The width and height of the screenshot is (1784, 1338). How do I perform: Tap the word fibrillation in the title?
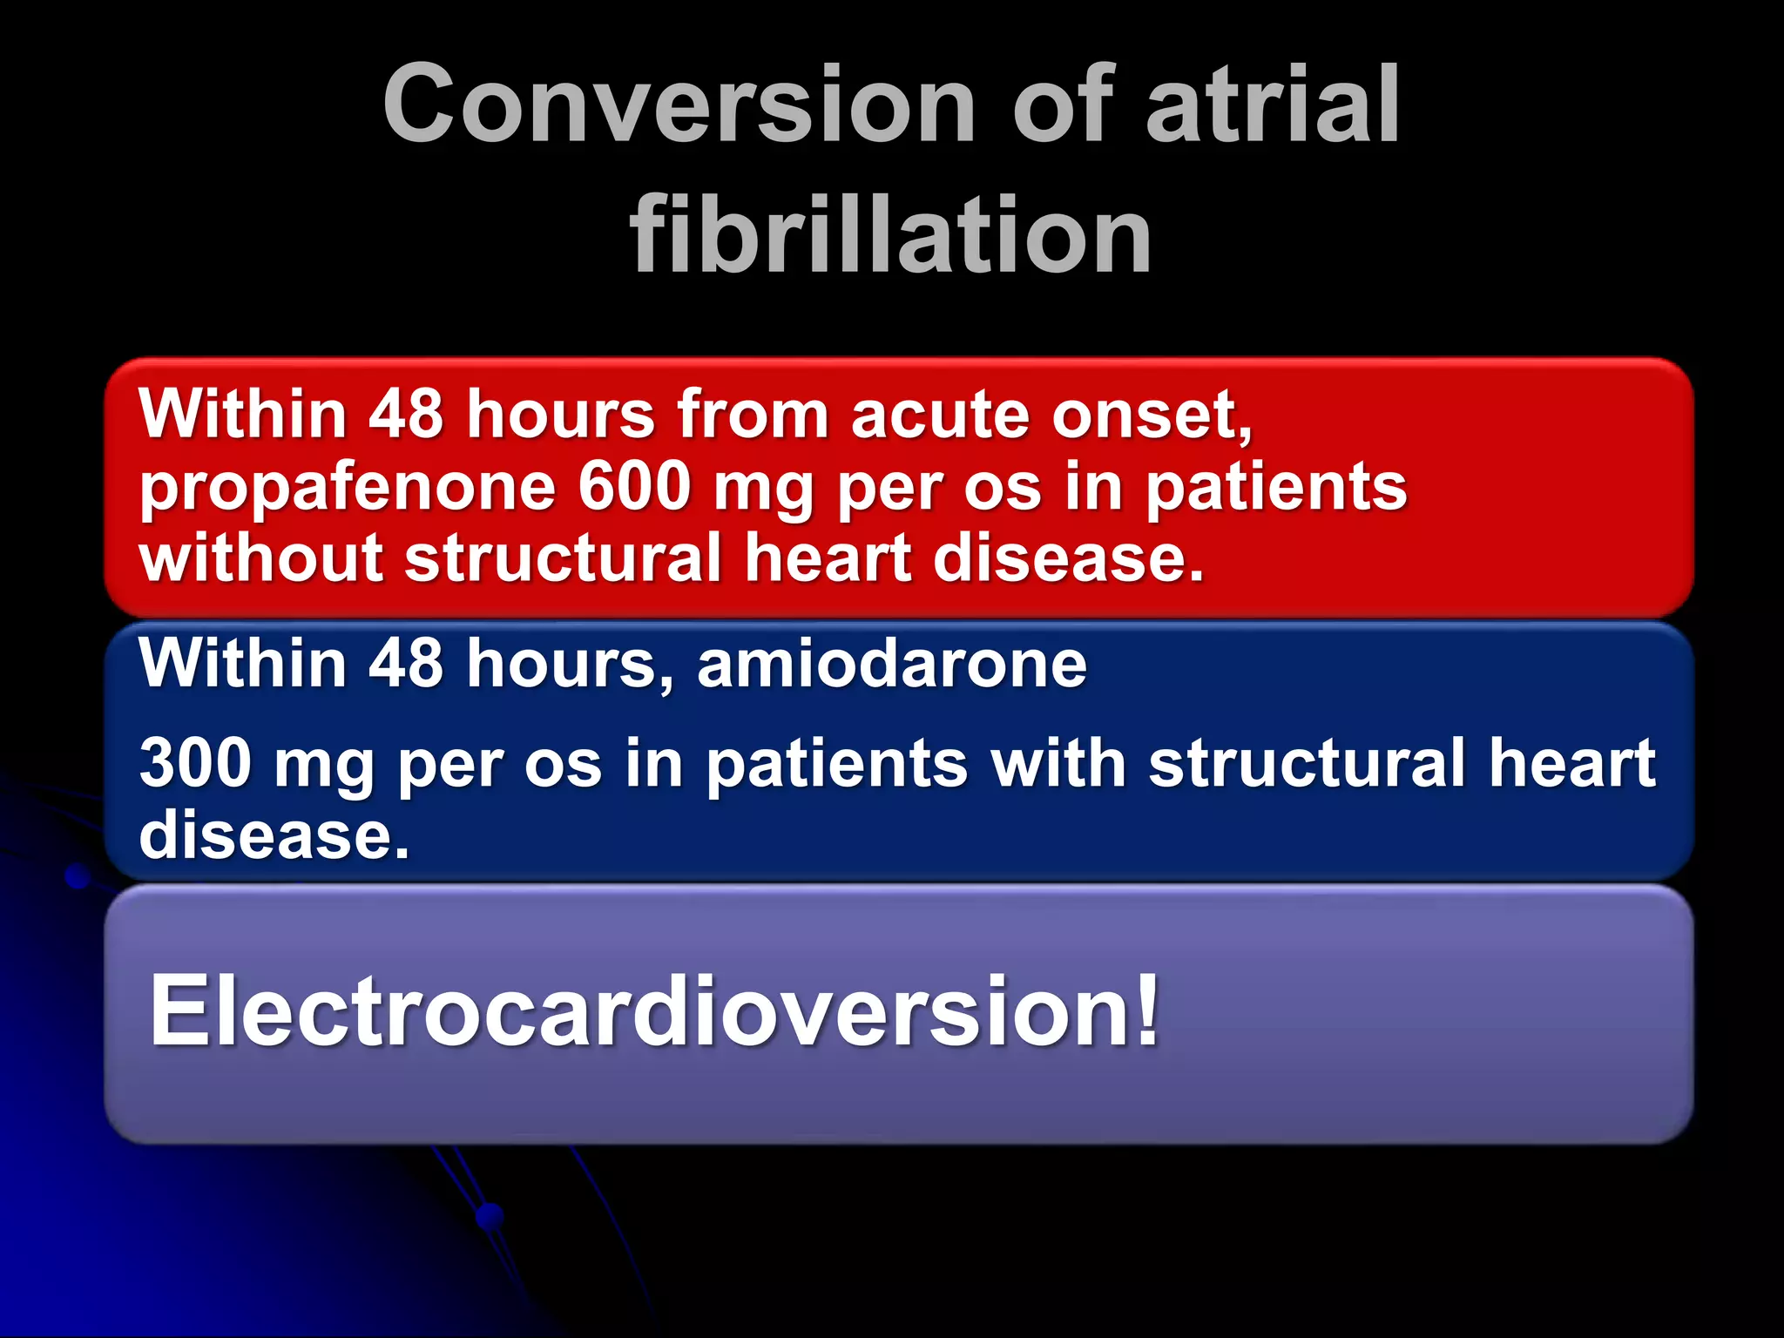click(891, 233)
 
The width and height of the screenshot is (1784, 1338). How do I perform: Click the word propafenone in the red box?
click(347, 488)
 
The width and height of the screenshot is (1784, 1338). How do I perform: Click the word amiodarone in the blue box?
click(891, 664)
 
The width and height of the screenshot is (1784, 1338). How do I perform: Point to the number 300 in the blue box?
click(196, 763)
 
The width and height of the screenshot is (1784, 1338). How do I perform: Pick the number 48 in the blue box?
click(406, 664)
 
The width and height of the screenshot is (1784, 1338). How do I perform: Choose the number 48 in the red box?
click(406, 414)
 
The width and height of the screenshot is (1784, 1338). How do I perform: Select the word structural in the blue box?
click(1307, 763)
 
